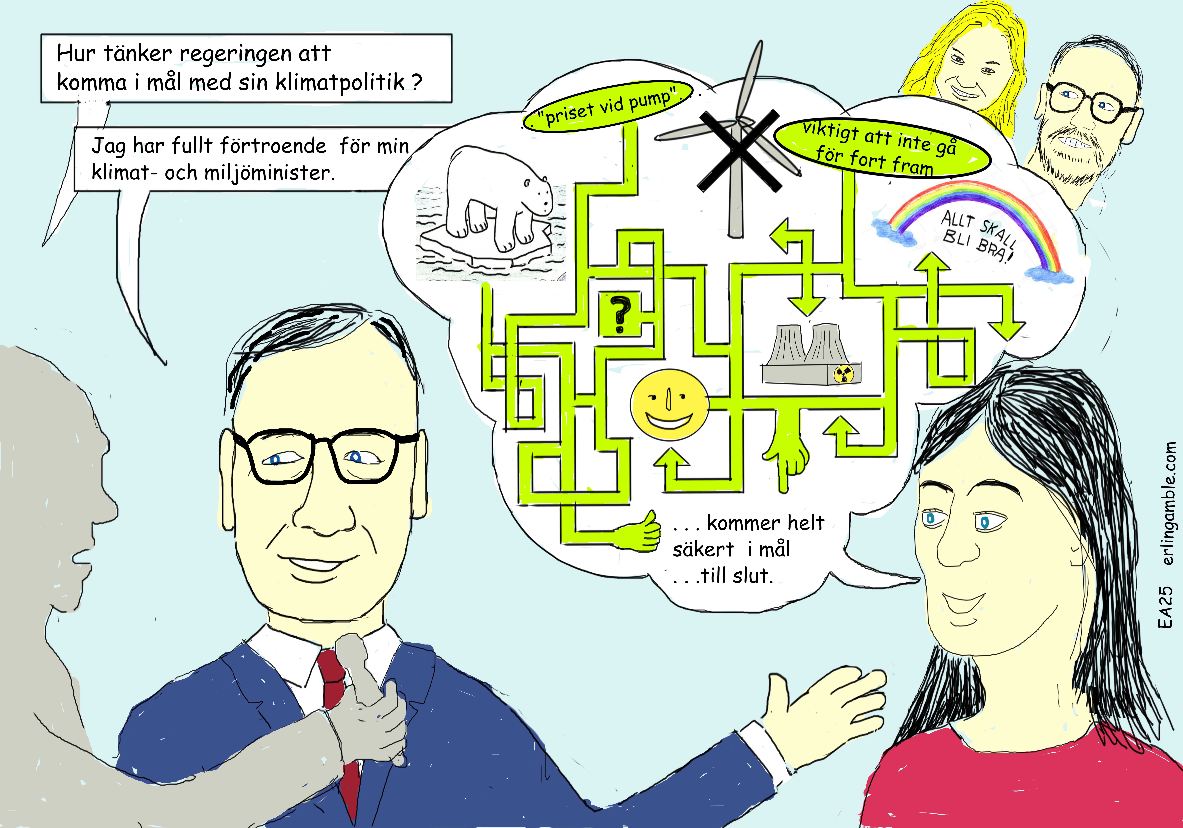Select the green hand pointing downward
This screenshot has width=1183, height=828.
point(786,453)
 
